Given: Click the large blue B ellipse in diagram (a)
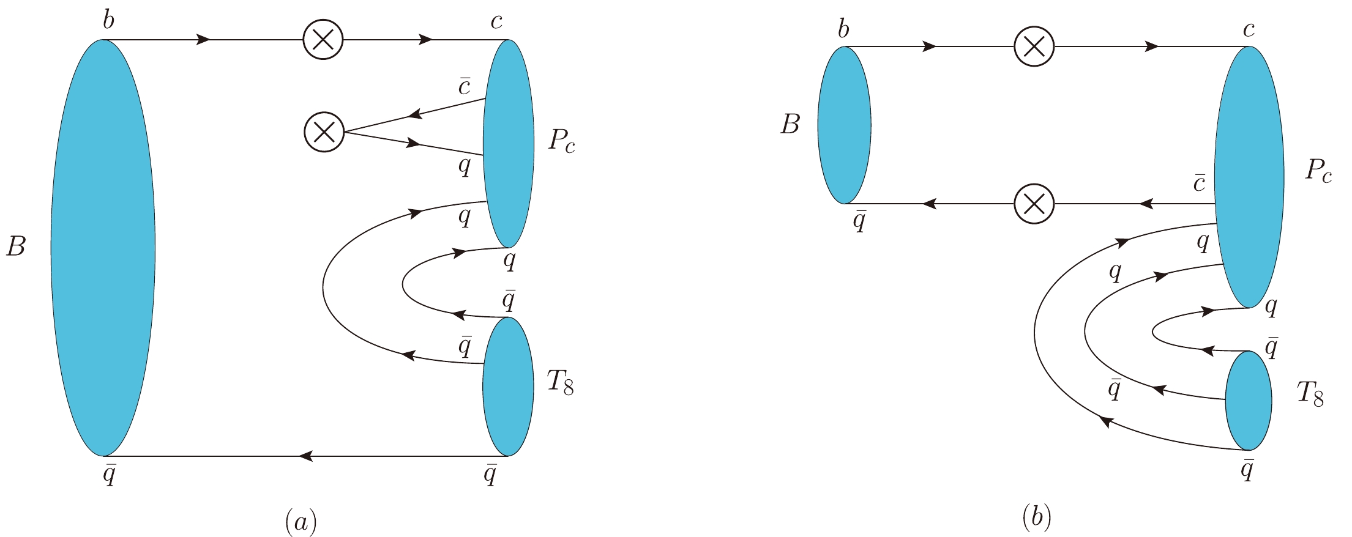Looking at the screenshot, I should click(x=103, y=248).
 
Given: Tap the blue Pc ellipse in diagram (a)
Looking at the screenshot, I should click(x=508, y=144).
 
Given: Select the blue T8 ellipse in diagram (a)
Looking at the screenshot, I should click(x=508, y=387).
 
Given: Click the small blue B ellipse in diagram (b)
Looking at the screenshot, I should click(x=844, y=125).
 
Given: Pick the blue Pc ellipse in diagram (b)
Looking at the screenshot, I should click(x=1249, y=177).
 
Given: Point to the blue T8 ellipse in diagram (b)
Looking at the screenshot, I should click(x=1249, y=401).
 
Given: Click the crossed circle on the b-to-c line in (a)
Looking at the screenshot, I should click(x=323, y=40).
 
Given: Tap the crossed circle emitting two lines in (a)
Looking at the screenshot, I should click(x=324, y=132).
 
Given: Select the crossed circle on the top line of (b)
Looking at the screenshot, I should click(x=1034, y=46).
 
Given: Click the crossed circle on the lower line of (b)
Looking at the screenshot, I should click(x=1034, y=204).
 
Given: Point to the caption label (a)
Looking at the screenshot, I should click(x=301, y=521).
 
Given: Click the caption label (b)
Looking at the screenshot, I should click(x=1036, y=517).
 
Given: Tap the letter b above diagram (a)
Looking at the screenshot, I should click(x=108, y=20).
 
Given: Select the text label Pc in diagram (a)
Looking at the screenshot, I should click(x=561, y=141).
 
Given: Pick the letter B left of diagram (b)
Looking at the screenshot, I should click(x=790, y=124).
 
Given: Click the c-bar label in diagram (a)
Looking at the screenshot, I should click(x=465, y=86).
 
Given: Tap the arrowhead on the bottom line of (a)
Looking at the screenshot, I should click(x=306, y=456).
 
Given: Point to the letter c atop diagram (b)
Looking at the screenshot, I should click(x=1249, y=29).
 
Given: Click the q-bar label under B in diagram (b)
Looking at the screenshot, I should click(x=859, y=221).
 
